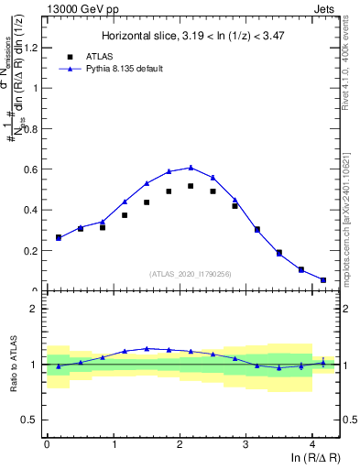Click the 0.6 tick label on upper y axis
[32, 169]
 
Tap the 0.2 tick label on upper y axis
[32, 250]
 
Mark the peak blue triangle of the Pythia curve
[191, 168]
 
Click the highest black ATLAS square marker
[191, 186]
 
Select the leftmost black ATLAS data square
[59, 238]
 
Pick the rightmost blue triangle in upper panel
[323, 279]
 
